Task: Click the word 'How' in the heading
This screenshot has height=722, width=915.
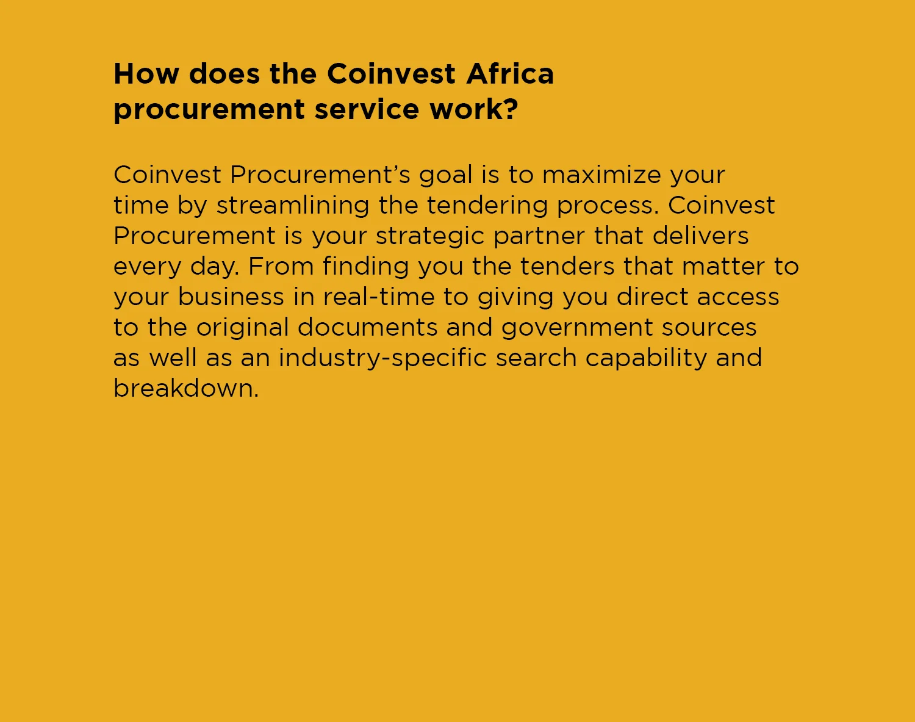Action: [x=146, y=74]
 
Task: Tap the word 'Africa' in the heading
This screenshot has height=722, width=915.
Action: [x=510, y=74]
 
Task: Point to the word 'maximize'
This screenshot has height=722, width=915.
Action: [x=601, y=175]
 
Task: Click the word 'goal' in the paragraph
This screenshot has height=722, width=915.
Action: [x=445, y=176]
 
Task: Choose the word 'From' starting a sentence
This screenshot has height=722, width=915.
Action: [x=281, y=266]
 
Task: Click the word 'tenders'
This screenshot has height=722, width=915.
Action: [x=567, y=266]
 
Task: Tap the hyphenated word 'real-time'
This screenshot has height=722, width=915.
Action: [x=379, y=297]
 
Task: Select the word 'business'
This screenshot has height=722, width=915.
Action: [x=231, y=297]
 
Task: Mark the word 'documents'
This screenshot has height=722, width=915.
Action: [x=367, y=327]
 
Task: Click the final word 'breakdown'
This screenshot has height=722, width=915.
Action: [x=186, y=388]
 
